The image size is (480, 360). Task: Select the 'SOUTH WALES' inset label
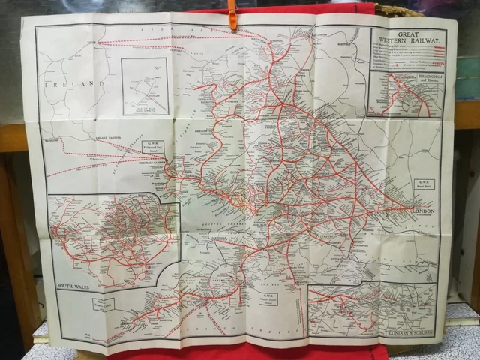76,286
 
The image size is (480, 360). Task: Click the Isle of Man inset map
145,86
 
